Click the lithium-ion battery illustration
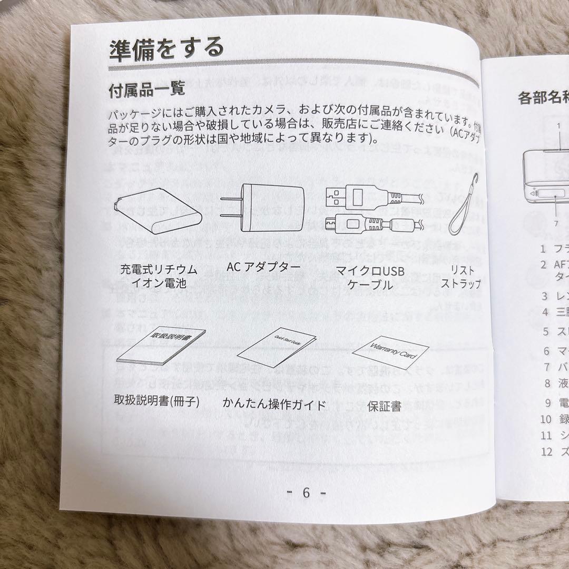click(x=159, y=215)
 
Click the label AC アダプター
click(x=263, y=267)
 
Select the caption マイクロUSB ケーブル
click(x=371, y=278)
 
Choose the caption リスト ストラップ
click(x=464, y=277)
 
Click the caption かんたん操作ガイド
click(x=274, y=405)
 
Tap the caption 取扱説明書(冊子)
click(x=156, y=401)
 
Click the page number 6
click(x=306, y=493)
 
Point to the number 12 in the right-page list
click(x=546, y=452)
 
